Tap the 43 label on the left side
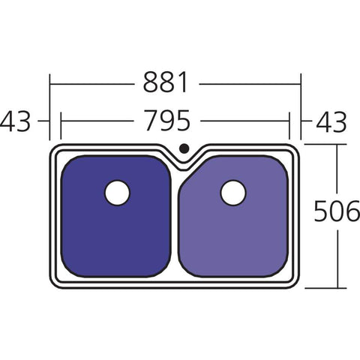click(17, 120)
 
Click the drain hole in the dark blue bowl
click(118, 193)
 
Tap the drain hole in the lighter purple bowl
click(232, 193)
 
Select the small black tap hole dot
click(184, 148)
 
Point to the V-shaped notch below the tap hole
click(184, 160)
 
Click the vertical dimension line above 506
click(337, 172)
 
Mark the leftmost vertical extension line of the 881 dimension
click(50, 105)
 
